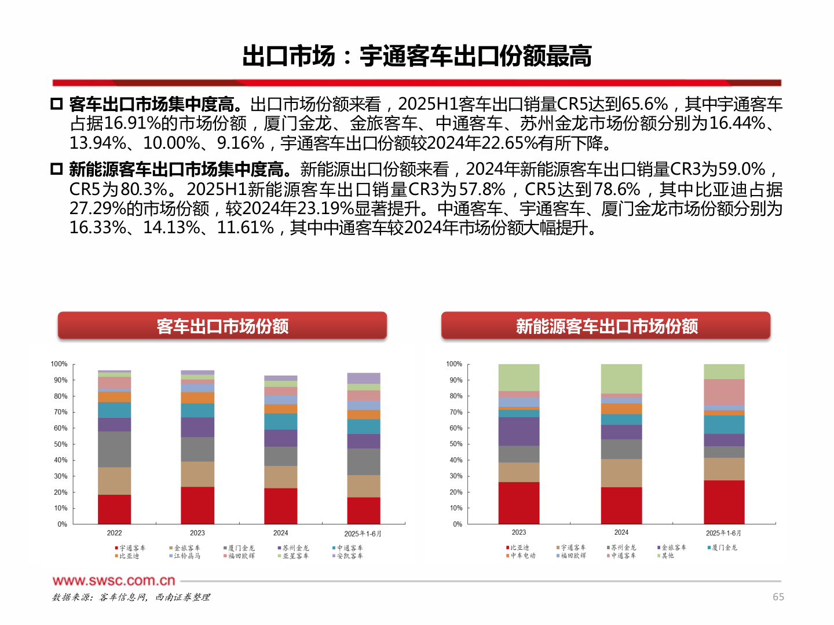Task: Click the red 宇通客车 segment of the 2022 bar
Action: (x=114, y=509)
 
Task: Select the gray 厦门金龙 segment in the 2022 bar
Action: (x=114, y=449)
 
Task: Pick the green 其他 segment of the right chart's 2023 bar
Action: (x=518, y=377)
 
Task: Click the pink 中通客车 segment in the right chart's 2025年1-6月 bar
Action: (x=724, y=392)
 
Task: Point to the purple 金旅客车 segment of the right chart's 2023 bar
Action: (x=518, y=431)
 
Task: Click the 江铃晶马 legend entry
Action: (x=185, y=556)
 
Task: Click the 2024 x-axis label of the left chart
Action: (x=280, y=533)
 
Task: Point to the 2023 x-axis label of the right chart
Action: (x=518, y=532)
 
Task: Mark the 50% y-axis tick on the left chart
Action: (x=60, y=444)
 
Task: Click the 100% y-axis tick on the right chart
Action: (x=454, y=364)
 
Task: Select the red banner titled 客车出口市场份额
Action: (x=222, y=326)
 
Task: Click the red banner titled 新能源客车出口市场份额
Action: (x=606, y=326)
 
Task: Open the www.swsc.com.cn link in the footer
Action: (x=114, y=580)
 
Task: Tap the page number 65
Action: (x=778, y=597)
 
